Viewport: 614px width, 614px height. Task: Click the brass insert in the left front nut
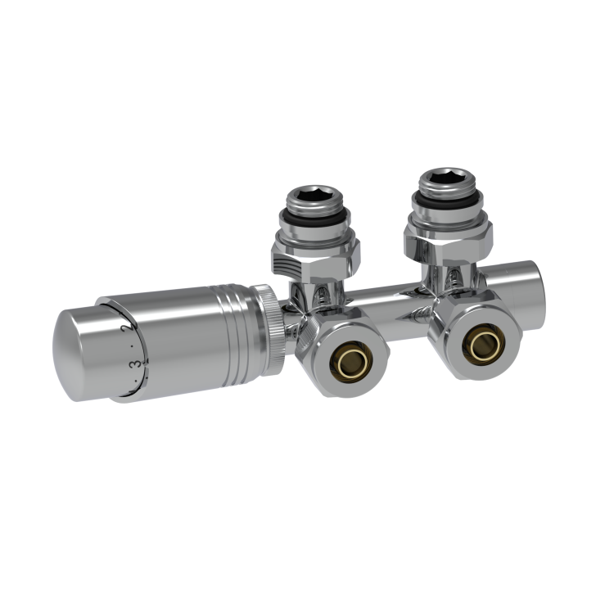click(346, 354)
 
